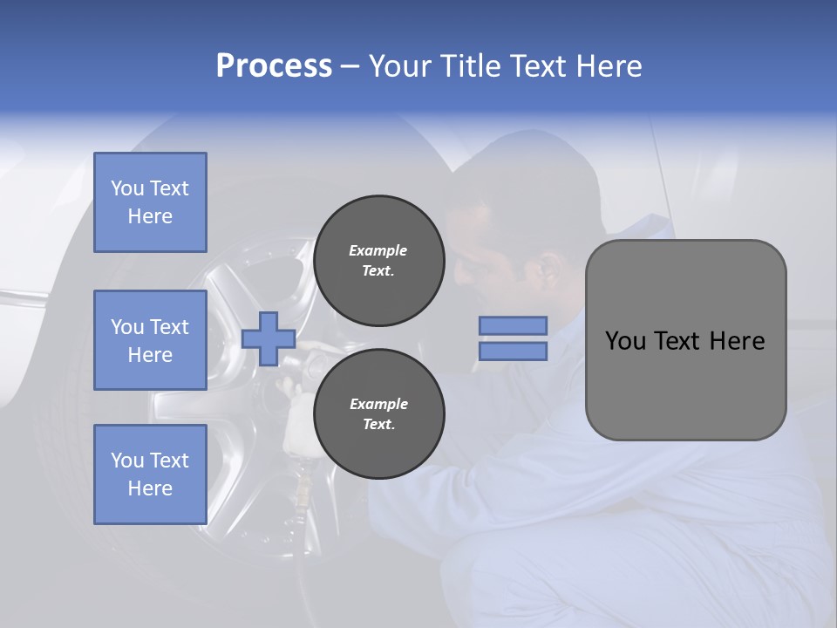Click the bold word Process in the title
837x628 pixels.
[x=274, y=66]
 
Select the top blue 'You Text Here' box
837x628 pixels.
[x=150, y=202]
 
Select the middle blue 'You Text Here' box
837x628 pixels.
[x=150, y=340]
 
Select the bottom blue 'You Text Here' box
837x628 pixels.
[x=150, y=474]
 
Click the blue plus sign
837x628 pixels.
[x=269, y=338]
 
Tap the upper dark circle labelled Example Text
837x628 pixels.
[x=378, y=261]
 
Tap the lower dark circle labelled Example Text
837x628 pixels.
[x=378, y=414]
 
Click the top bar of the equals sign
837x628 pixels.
[x=513, y=325]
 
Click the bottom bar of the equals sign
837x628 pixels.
[x=513, y=352]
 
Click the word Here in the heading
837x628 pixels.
[x=609, y=66]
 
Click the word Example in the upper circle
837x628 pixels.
[x=378, y=250]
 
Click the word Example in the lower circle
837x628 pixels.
[x=378, y=404]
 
